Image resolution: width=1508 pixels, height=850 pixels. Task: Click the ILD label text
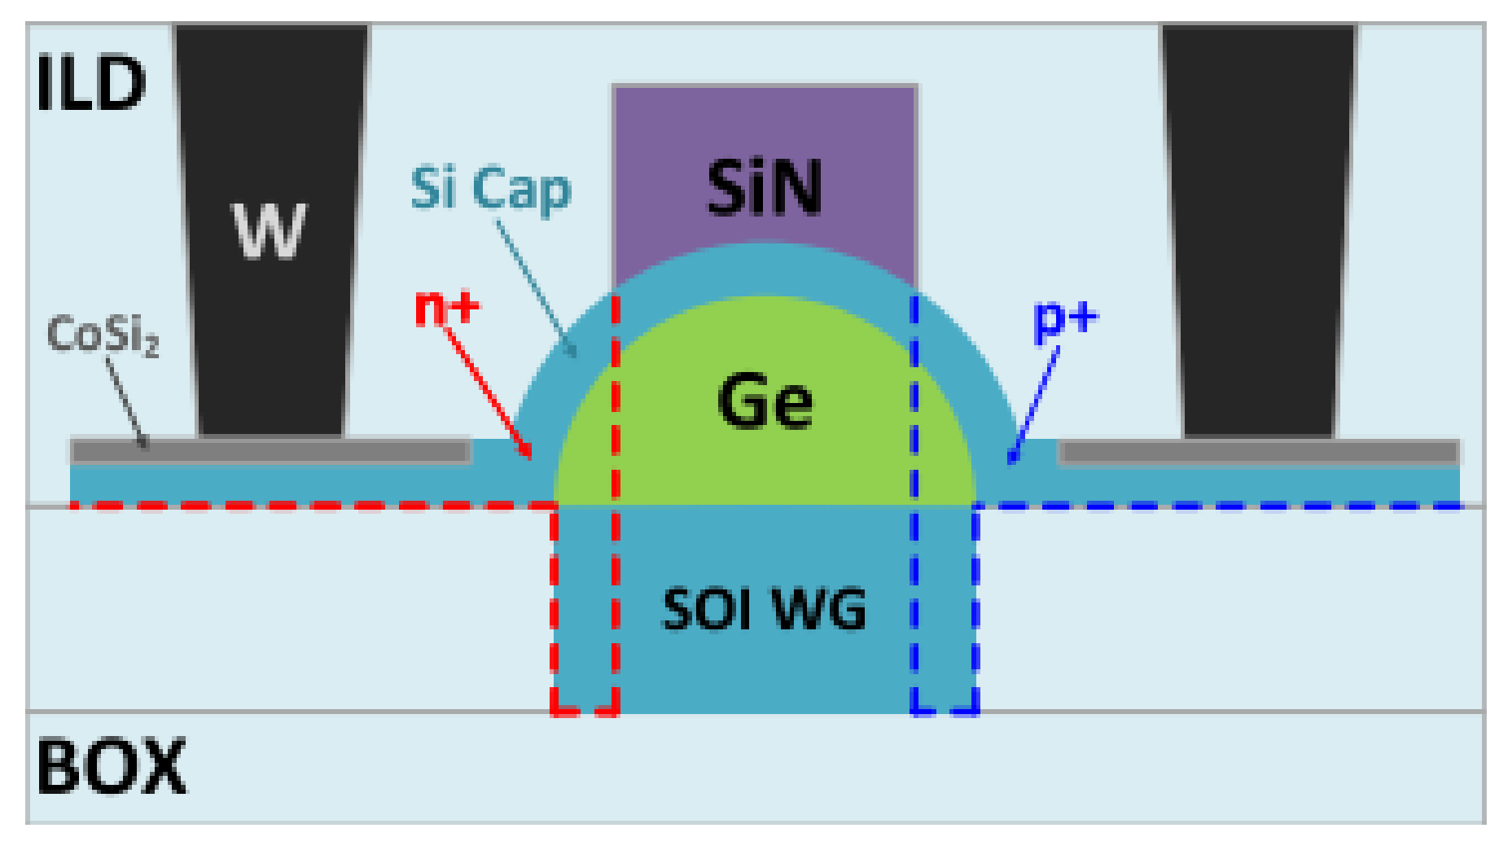coord(90,84)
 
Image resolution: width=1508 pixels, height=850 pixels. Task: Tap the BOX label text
coord(112,766)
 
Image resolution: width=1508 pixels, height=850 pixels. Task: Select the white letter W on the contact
coord(270,231)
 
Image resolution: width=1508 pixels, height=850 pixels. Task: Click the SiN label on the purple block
coord(764,188)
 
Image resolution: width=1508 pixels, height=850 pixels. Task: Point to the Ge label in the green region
coord(765,401)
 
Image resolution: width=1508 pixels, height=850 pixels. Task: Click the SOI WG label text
coord(764,609)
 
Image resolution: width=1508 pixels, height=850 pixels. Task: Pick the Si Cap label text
coord(490,189)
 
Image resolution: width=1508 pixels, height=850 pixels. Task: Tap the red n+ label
coord(447,308)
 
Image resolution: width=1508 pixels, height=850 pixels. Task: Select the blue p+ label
coord(1064,318)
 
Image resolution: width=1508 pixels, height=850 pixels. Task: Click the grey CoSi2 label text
coord(103,335)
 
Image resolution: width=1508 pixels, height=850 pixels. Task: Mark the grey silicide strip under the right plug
coord(1259,452)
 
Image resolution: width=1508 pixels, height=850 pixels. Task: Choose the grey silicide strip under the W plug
coord(270,452)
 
